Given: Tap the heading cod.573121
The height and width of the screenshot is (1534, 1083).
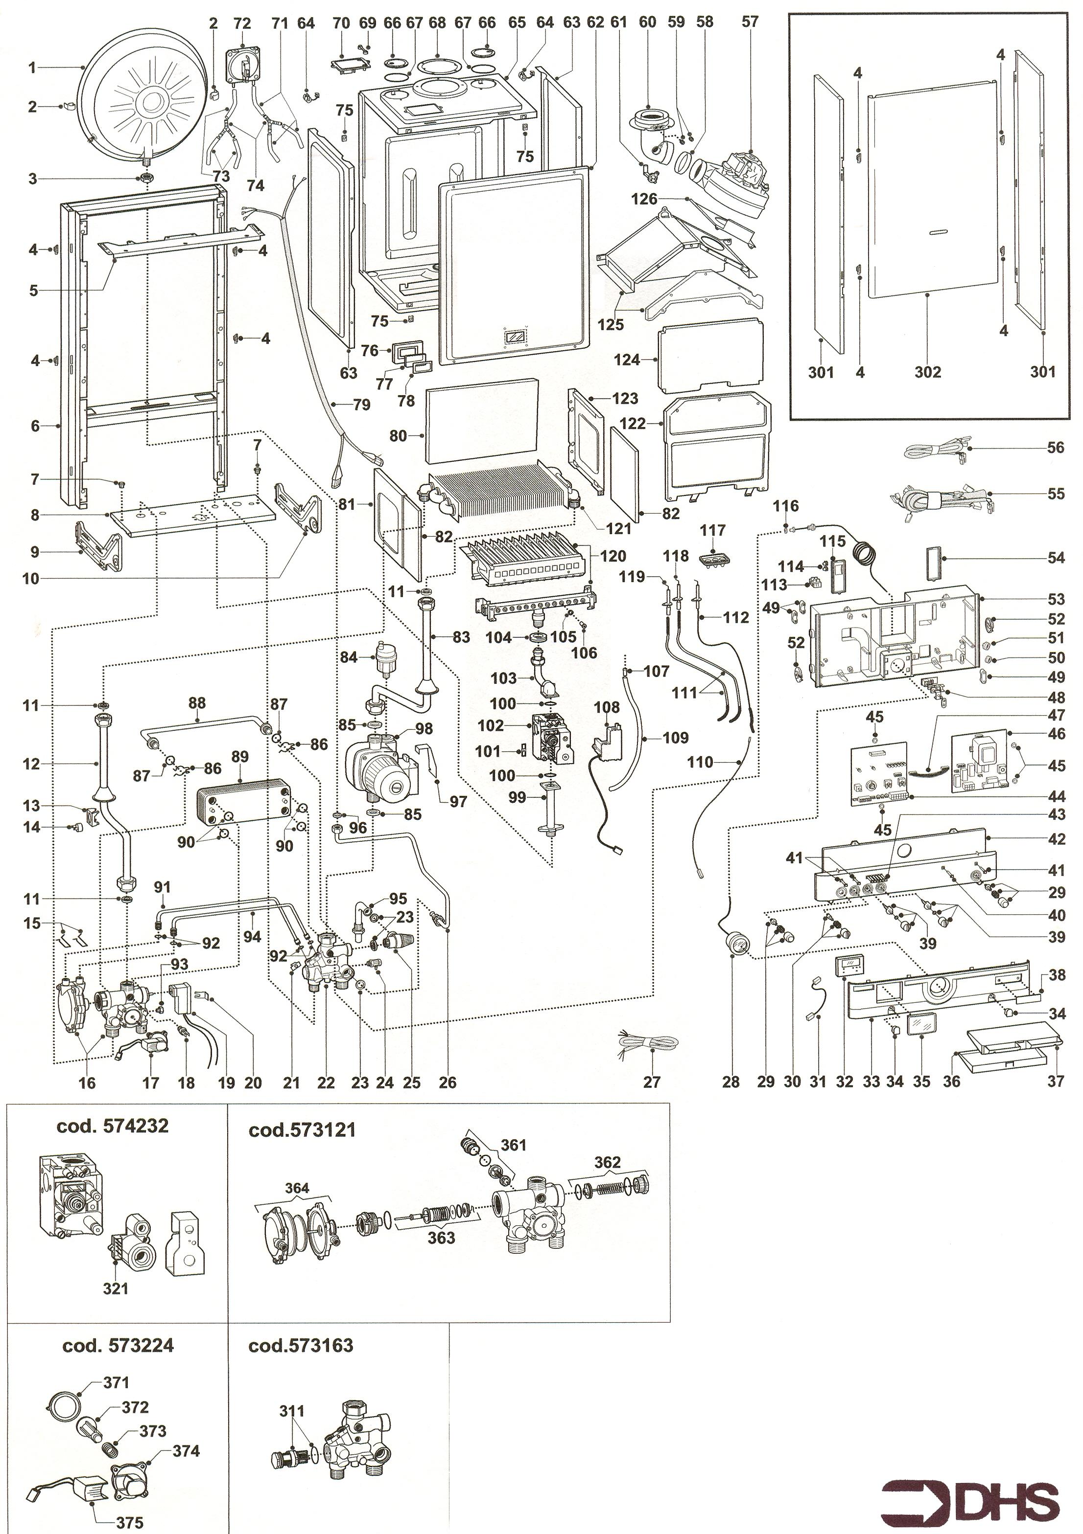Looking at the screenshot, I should click(x=302, y=1130).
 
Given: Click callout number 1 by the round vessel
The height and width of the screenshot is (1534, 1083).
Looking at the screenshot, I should click(x=31, y=68).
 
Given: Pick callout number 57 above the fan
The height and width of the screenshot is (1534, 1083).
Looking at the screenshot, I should click(x=750, y=22).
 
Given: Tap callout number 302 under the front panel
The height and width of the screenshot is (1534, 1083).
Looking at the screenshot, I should click(x=928, y=371).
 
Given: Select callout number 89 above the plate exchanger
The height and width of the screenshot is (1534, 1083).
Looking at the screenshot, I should click(x=239, y=757).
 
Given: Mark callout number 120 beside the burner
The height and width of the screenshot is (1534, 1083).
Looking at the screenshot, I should click(x=613, y=556).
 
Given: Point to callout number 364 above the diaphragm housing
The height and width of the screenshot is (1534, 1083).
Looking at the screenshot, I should click(x=297, y=1188).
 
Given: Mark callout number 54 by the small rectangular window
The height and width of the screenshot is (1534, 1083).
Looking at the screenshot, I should click(x=1055, y=557).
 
